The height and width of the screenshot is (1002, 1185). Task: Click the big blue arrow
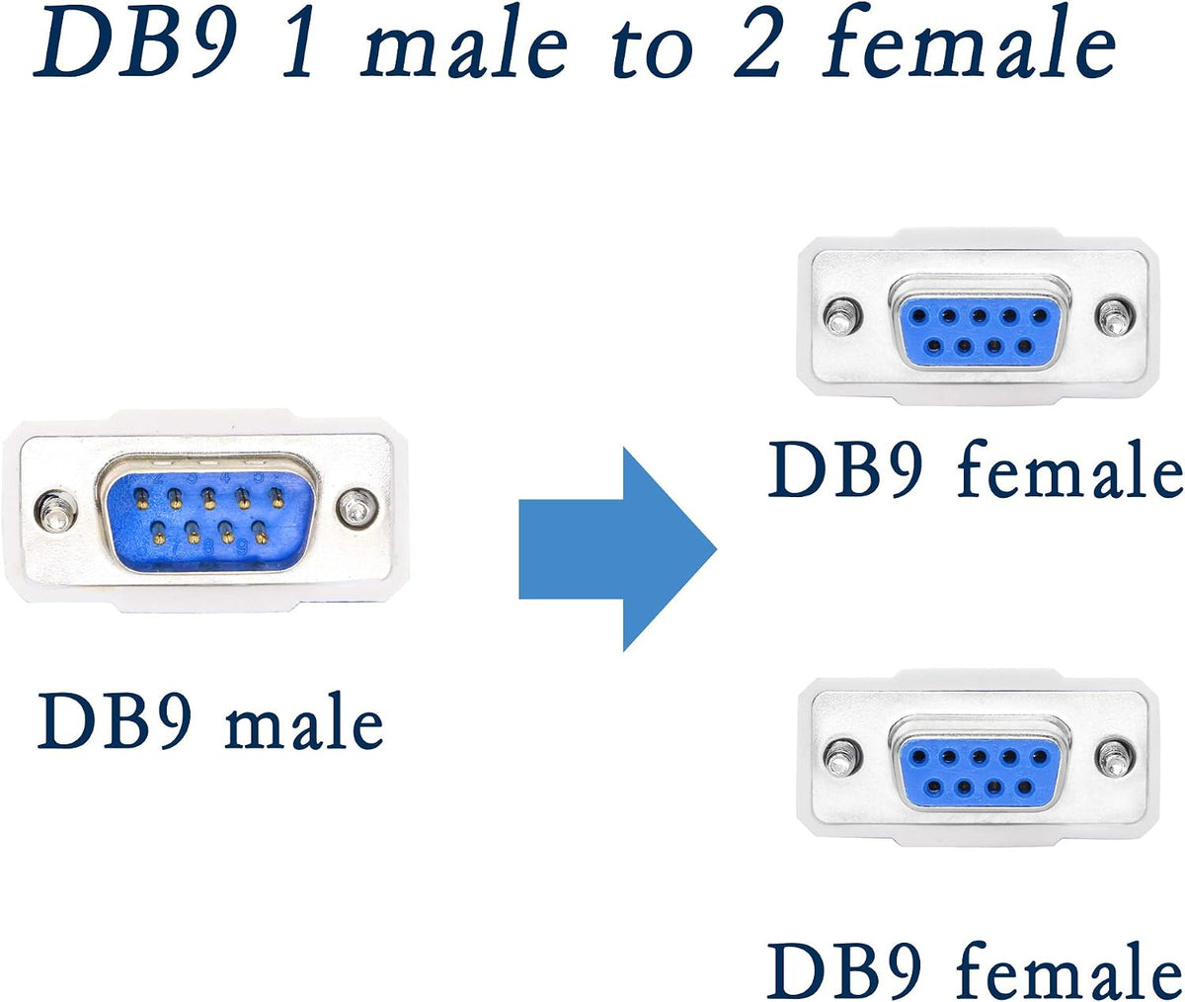(x=617, y=549)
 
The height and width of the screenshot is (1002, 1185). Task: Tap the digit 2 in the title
(x=756, y=47)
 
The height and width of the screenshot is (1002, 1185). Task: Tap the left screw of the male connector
(x=55, y=511)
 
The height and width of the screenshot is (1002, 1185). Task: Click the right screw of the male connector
(x=356, y=507)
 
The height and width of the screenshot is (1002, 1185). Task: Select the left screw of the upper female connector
(x=842, y=316)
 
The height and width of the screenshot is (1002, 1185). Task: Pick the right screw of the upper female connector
(x=1115, y=317)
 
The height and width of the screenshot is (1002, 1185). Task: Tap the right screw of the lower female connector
(x=1115, y=758)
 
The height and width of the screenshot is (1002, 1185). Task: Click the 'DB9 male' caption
(x=210, y=719)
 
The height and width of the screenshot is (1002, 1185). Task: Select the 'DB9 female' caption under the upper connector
(x=975, y=469)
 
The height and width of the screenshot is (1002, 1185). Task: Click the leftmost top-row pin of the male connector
(x=142, y=499)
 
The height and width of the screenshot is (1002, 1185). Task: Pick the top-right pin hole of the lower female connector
(x=1040, y=756)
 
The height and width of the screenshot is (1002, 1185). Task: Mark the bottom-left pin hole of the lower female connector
(x=933, y=788)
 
